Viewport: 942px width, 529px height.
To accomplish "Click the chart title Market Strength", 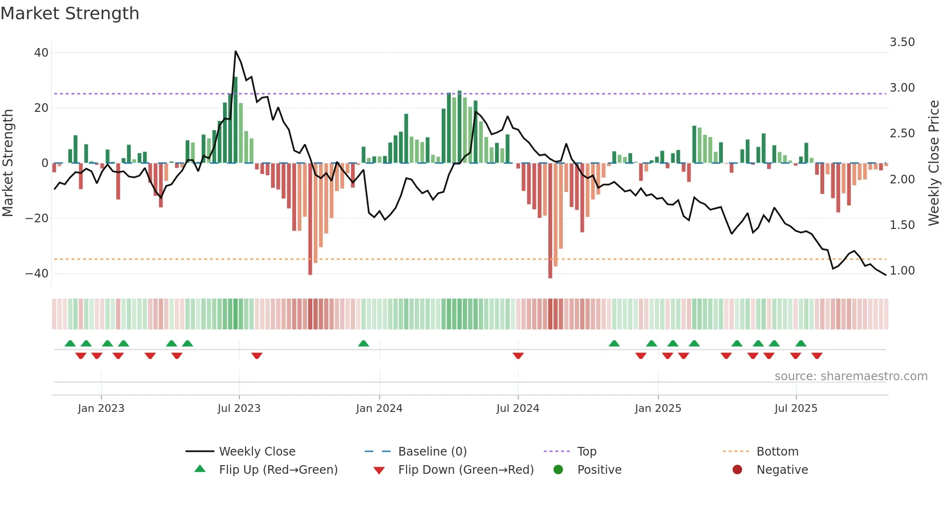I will point(70,13).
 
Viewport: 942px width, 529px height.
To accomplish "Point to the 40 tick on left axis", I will point(41,53).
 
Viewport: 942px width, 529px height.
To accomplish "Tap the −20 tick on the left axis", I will point(37,218).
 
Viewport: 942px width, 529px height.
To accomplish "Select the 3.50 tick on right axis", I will point(902,42).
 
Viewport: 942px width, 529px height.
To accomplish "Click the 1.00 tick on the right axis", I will point(902,271).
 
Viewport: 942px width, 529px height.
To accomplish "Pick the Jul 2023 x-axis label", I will point(239,409).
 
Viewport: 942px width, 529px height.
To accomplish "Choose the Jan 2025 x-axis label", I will point(658,409).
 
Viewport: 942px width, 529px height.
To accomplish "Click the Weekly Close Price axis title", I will point(933,163).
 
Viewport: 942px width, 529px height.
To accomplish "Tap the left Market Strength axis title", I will point(8,163).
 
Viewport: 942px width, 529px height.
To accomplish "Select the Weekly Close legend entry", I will point(257,452).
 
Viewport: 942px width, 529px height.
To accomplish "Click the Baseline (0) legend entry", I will point(432,452).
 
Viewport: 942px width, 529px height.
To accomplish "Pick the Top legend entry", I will point(586,452).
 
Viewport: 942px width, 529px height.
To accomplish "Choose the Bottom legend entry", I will point(777,452).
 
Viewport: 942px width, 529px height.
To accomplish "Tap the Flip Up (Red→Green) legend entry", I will point(278,470).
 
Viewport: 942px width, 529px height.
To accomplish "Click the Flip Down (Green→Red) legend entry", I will point(465,470).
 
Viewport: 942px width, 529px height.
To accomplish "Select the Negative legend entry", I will point(782,470).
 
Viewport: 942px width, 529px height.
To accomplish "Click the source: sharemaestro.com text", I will point(851,376).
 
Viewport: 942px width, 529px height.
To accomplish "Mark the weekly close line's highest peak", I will point(235,51).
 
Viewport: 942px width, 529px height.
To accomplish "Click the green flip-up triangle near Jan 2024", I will point(363,343).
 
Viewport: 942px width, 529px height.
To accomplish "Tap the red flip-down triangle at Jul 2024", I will point(518,356).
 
